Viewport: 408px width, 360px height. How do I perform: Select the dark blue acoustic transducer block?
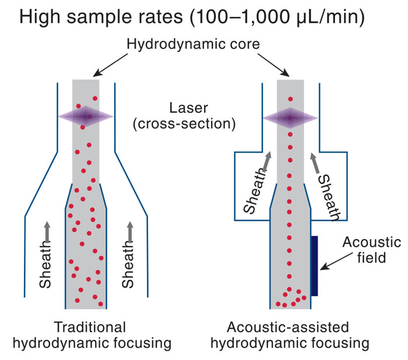click(x=315, y=265)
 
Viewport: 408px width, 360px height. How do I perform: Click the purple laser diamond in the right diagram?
click(x=290, y=117)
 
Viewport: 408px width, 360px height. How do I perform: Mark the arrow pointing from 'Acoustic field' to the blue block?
click(x=336, y=268)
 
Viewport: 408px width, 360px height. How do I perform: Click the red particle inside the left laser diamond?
click(x=90, y=117)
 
